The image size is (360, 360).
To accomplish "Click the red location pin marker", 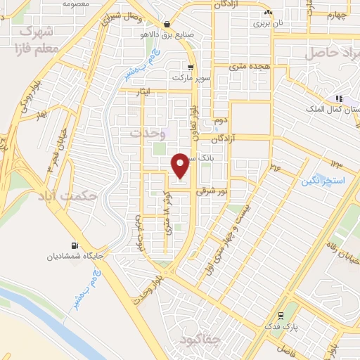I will click(181, 165).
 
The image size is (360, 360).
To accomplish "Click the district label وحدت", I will click(146, 133).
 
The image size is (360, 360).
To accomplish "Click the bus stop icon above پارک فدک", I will click(281, 314).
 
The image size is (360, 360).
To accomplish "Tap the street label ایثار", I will click(129, 92).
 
